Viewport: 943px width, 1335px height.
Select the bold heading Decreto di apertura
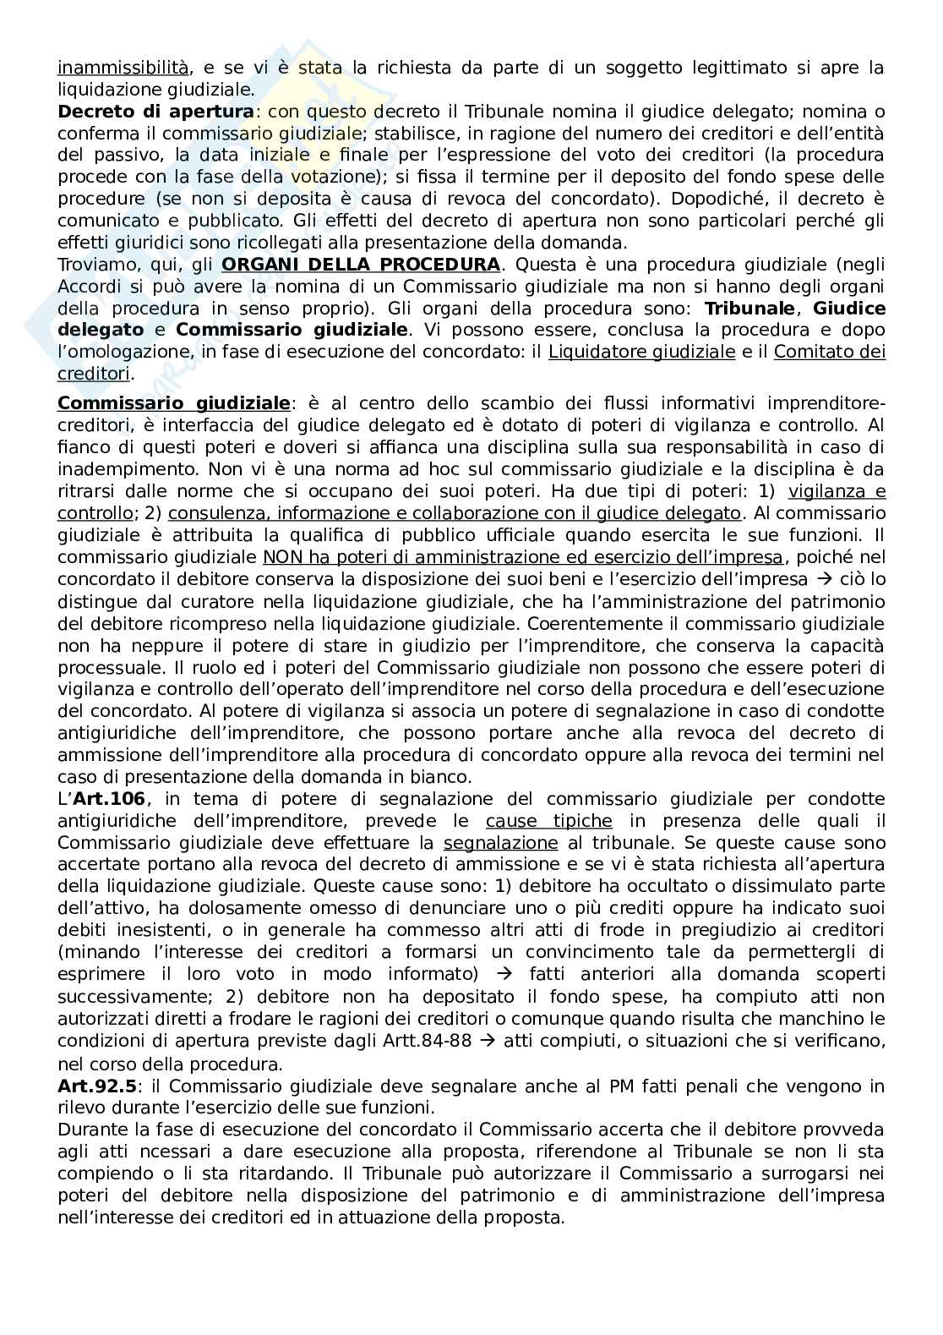point(155,112)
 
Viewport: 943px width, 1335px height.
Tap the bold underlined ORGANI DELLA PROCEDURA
point(361,265)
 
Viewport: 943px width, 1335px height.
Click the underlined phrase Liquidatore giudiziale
point(641,353)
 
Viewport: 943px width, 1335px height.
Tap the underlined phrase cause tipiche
point(549,821)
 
